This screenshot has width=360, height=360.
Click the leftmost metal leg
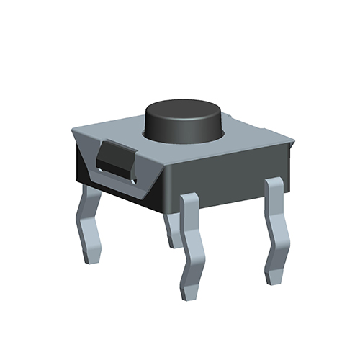90,223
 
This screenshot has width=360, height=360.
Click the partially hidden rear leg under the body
171,229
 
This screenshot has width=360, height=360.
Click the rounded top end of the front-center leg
189,198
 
